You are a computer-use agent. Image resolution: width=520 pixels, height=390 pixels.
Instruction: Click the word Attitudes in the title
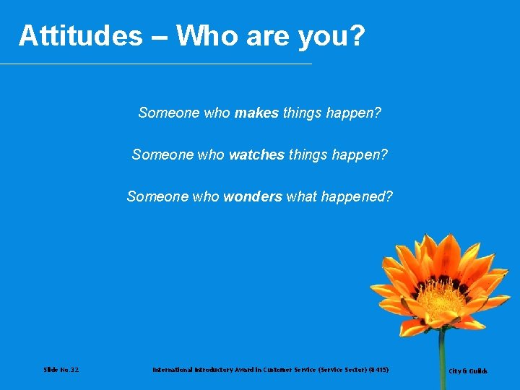81,35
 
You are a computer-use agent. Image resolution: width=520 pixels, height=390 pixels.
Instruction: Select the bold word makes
256,113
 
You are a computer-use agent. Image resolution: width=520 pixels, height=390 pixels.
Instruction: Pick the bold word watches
256,155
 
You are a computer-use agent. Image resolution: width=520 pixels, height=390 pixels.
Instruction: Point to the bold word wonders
253,197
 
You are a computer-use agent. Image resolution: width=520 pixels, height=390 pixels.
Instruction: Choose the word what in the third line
301,197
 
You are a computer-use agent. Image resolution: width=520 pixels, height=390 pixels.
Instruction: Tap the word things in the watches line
309,155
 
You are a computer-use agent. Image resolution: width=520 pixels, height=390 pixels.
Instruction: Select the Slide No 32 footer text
61,370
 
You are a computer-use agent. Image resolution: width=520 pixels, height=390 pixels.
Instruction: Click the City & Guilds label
468,371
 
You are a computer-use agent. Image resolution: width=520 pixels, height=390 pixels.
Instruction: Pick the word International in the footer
173,370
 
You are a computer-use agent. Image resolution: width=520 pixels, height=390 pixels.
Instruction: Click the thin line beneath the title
155,64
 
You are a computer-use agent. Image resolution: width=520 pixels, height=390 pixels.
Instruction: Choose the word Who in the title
204,35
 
